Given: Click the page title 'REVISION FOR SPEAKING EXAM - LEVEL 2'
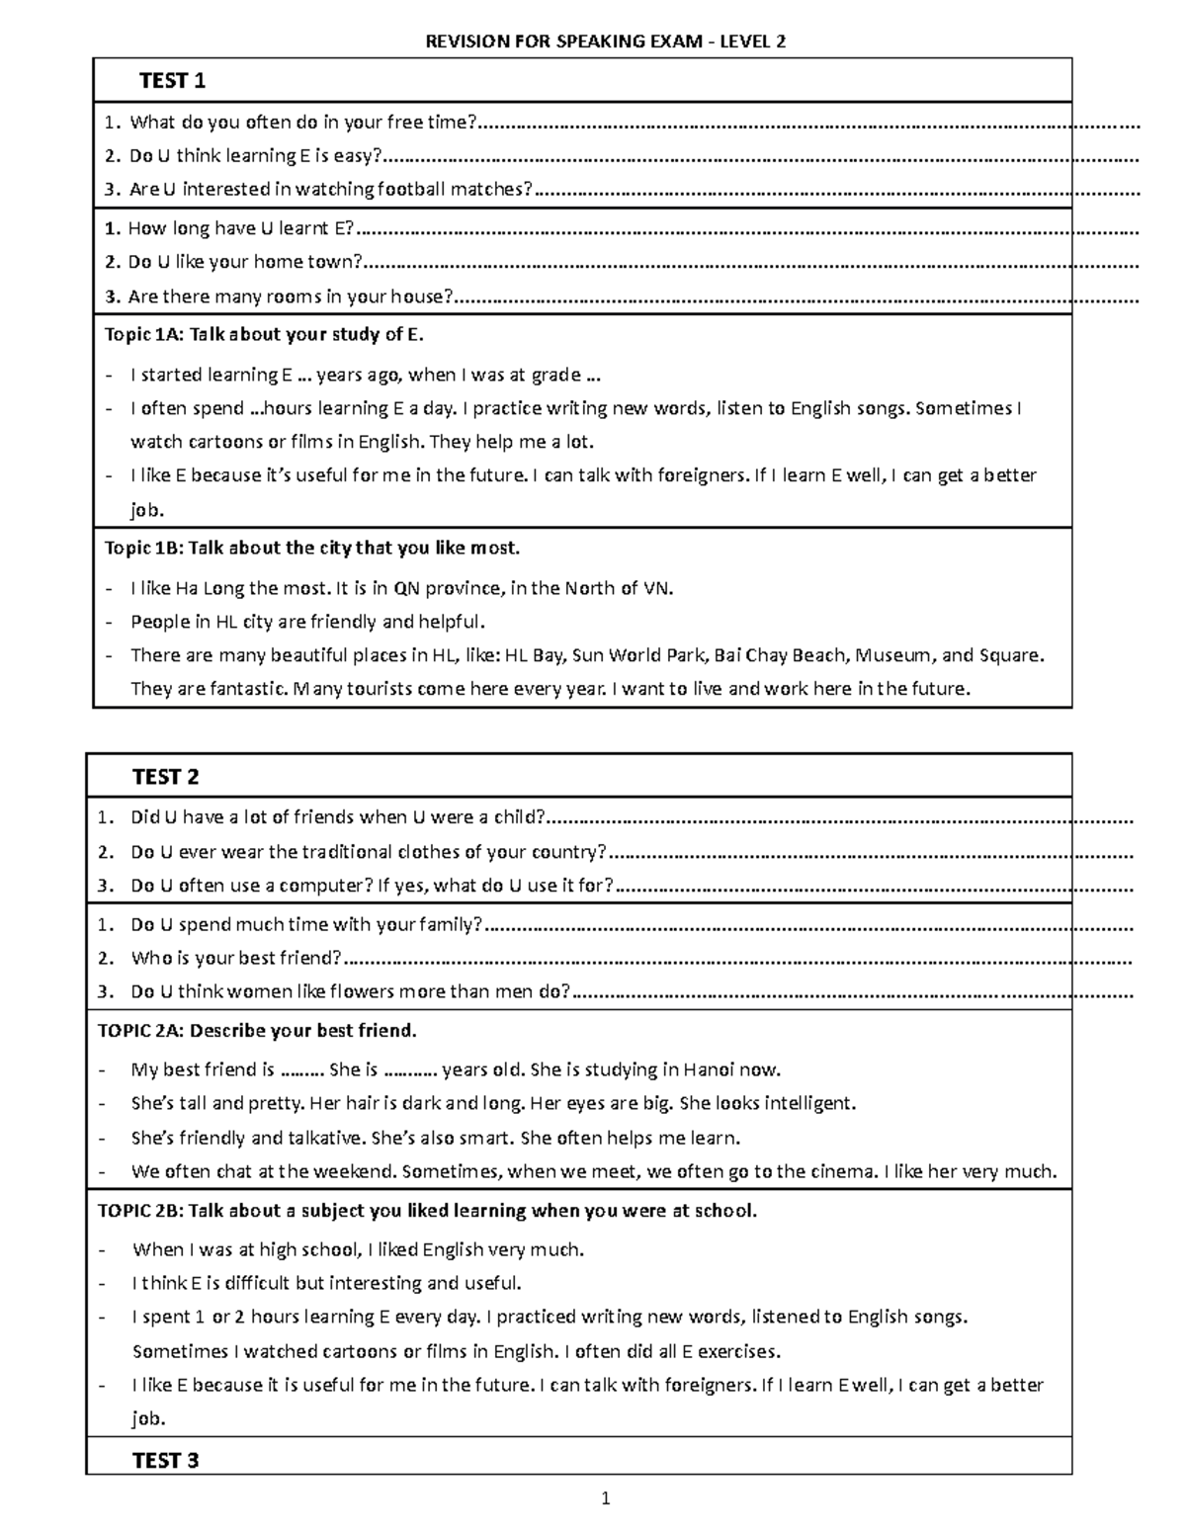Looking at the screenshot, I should pos(605,42).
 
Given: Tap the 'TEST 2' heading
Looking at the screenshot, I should pos(166,777).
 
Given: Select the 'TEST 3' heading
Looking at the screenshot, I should pos(166,1461).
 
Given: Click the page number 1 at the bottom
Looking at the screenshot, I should pos(606,1499).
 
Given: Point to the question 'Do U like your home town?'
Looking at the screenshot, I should pos(245,262).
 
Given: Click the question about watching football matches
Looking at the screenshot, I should pos(331,189).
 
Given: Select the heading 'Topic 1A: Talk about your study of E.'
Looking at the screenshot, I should pos(264,334).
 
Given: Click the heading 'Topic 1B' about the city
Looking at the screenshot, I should pos(311,548).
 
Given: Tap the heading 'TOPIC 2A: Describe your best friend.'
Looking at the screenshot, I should pos(257,1031).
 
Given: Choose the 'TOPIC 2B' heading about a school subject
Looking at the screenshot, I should pos(427,1211).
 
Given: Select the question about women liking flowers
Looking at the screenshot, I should pos(351,991).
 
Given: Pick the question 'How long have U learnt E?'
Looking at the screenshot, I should pos(240,228).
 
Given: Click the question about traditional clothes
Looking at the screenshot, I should pos(369,852).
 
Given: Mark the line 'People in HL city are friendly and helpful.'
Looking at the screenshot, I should pos(308,622).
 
